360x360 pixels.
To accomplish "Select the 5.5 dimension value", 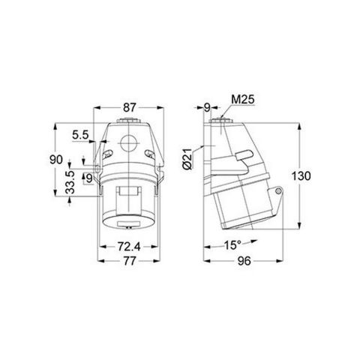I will click(x=82, y=135).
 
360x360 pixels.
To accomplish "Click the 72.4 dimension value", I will click(x=128, y=246).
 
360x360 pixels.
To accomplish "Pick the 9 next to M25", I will click(x=208, y=107).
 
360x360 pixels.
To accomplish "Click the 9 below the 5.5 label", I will click(x=88, y=178).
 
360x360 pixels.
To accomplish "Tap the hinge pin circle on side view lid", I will click(x=278, y=194).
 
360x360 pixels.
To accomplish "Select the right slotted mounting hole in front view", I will click(x=153, y=154).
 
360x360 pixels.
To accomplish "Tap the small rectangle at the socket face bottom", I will click(x=127, y=223).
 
